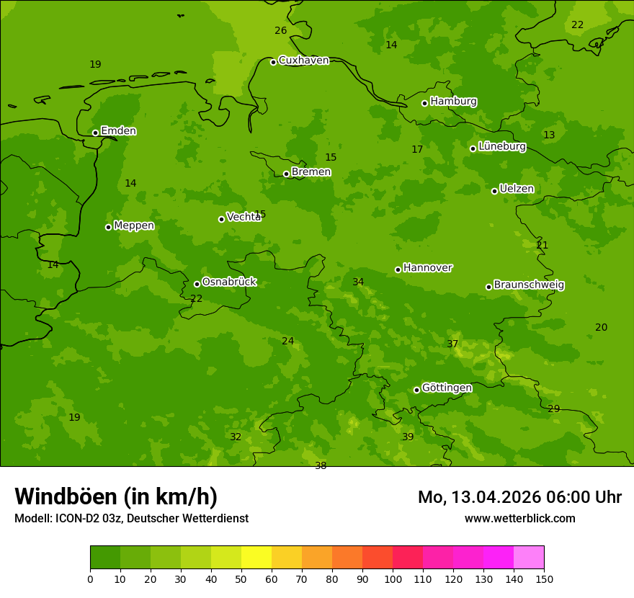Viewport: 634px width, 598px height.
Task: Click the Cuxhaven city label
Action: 303,61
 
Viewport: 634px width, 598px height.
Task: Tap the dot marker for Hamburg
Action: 424,103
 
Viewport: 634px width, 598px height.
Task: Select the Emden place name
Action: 118,131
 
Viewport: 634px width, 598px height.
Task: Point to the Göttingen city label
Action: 447,388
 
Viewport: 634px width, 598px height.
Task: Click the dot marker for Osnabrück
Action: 197,284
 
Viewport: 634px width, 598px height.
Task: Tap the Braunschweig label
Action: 529,285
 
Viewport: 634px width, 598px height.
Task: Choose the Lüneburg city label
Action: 501,146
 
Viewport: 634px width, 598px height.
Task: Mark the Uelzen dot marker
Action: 494,191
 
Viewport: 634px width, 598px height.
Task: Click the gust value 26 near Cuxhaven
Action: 280,30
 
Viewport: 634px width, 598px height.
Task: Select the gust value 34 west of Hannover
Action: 358,282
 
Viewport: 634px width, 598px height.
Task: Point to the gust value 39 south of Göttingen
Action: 408,437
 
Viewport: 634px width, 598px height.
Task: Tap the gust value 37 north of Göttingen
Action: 452,344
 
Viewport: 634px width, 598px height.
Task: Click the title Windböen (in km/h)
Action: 116,496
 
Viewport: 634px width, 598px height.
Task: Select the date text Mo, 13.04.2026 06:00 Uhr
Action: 519,497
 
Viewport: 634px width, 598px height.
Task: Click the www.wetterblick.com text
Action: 519,518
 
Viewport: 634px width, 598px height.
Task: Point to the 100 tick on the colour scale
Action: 393,579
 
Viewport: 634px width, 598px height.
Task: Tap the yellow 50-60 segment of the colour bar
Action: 256,557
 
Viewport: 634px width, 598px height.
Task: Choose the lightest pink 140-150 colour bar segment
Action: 529,557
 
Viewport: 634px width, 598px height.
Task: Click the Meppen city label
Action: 134,226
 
